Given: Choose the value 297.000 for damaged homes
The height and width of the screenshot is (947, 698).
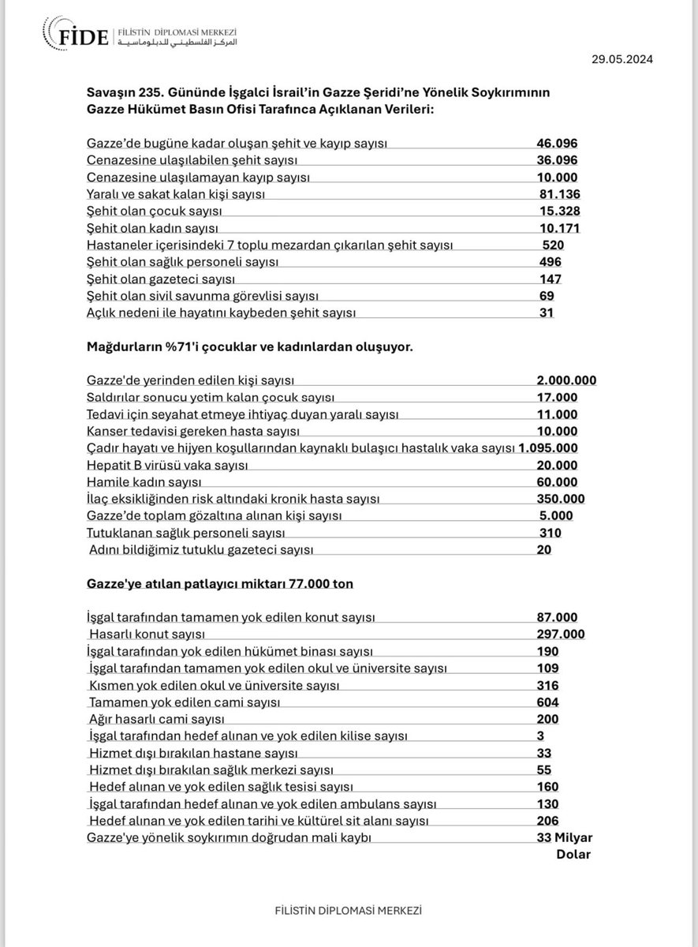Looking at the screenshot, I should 561,634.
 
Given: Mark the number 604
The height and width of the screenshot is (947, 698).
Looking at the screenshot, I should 547,702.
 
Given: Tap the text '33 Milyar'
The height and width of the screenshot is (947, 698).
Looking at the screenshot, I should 563,838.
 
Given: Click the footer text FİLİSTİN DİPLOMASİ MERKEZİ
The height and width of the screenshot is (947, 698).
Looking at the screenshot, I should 348,909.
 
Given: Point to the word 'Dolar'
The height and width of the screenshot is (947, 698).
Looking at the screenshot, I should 573,854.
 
